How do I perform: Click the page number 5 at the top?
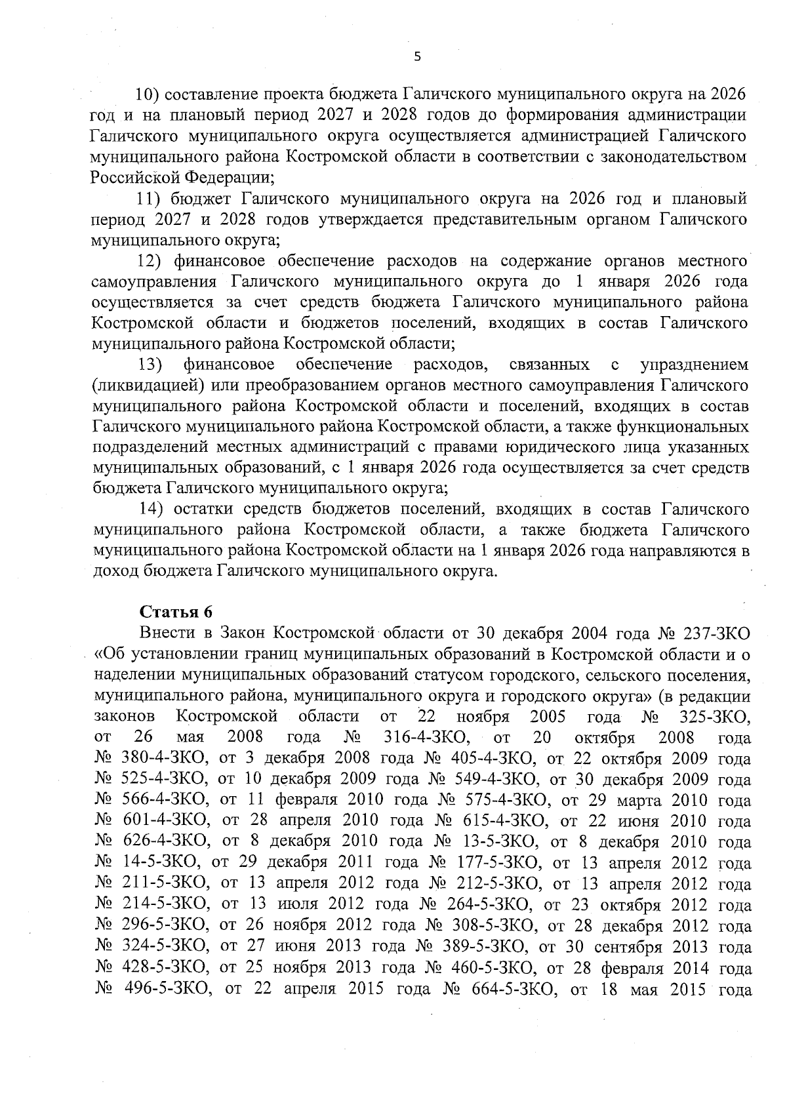tap(417, 56)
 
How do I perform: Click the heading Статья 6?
tap(176, 613)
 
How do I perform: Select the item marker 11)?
tap(149, 198)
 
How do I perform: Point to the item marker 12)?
tap(150, 261)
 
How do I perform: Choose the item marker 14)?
tap(150, 509)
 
